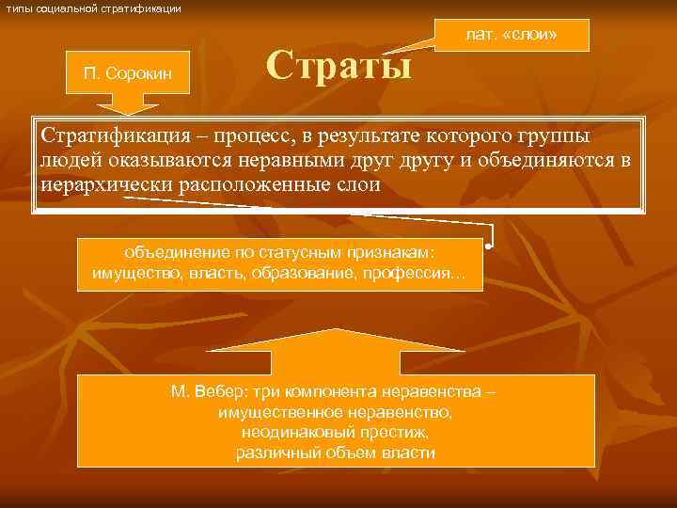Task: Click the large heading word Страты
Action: [x=338, y=67]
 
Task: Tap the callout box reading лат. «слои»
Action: [x=512, y=36]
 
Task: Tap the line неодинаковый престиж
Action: [x=336, y=433]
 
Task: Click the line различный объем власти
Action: [x=336, y=452]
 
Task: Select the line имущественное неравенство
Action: [x=336, y=412]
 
